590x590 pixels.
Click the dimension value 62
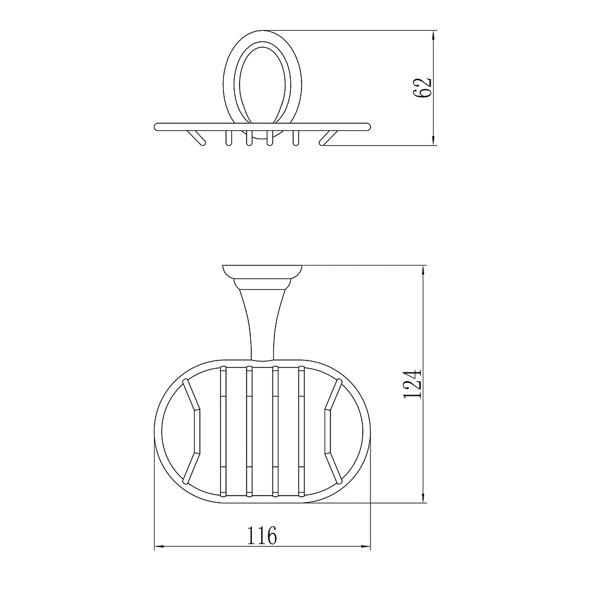(422, 88)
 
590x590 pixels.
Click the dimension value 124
(413, 384)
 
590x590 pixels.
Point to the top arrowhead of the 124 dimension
(424, 271)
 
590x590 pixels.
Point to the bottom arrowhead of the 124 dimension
(424, 497)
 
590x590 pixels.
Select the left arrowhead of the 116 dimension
(160, 546)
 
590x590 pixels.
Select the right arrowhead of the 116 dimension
(365, 546)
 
